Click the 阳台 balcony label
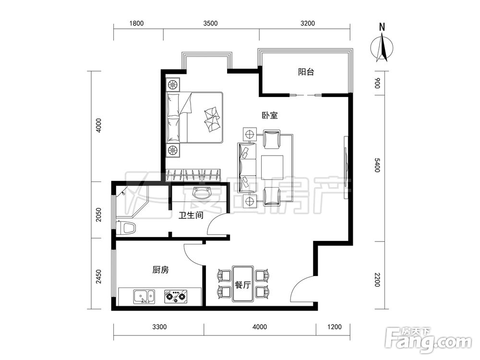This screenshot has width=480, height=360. click(306, 72)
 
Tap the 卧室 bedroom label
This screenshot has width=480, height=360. click(270, 115)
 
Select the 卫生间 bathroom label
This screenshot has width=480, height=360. click(191, 216)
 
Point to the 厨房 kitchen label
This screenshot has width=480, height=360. click(160, 270)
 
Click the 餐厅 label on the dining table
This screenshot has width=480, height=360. click(243, 285)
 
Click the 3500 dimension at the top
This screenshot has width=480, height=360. click(211, 23)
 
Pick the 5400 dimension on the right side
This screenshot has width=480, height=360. click(377, 165)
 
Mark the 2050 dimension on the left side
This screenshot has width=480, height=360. click(98, 215)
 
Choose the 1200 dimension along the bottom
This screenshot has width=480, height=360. click(334, 327)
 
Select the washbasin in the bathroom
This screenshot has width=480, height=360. click(203, 192)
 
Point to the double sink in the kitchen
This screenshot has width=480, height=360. click(144, 297)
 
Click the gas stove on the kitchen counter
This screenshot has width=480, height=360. click(176, 296)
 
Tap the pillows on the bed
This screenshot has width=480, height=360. click(212, 120)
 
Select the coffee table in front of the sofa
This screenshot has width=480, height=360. click(272, 167)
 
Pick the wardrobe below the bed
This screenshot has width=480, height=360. click(193, 175)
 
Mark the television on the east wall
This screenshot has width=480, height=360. click(346, 168)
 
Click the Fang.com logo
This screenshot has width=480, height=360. click(428, 340)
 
